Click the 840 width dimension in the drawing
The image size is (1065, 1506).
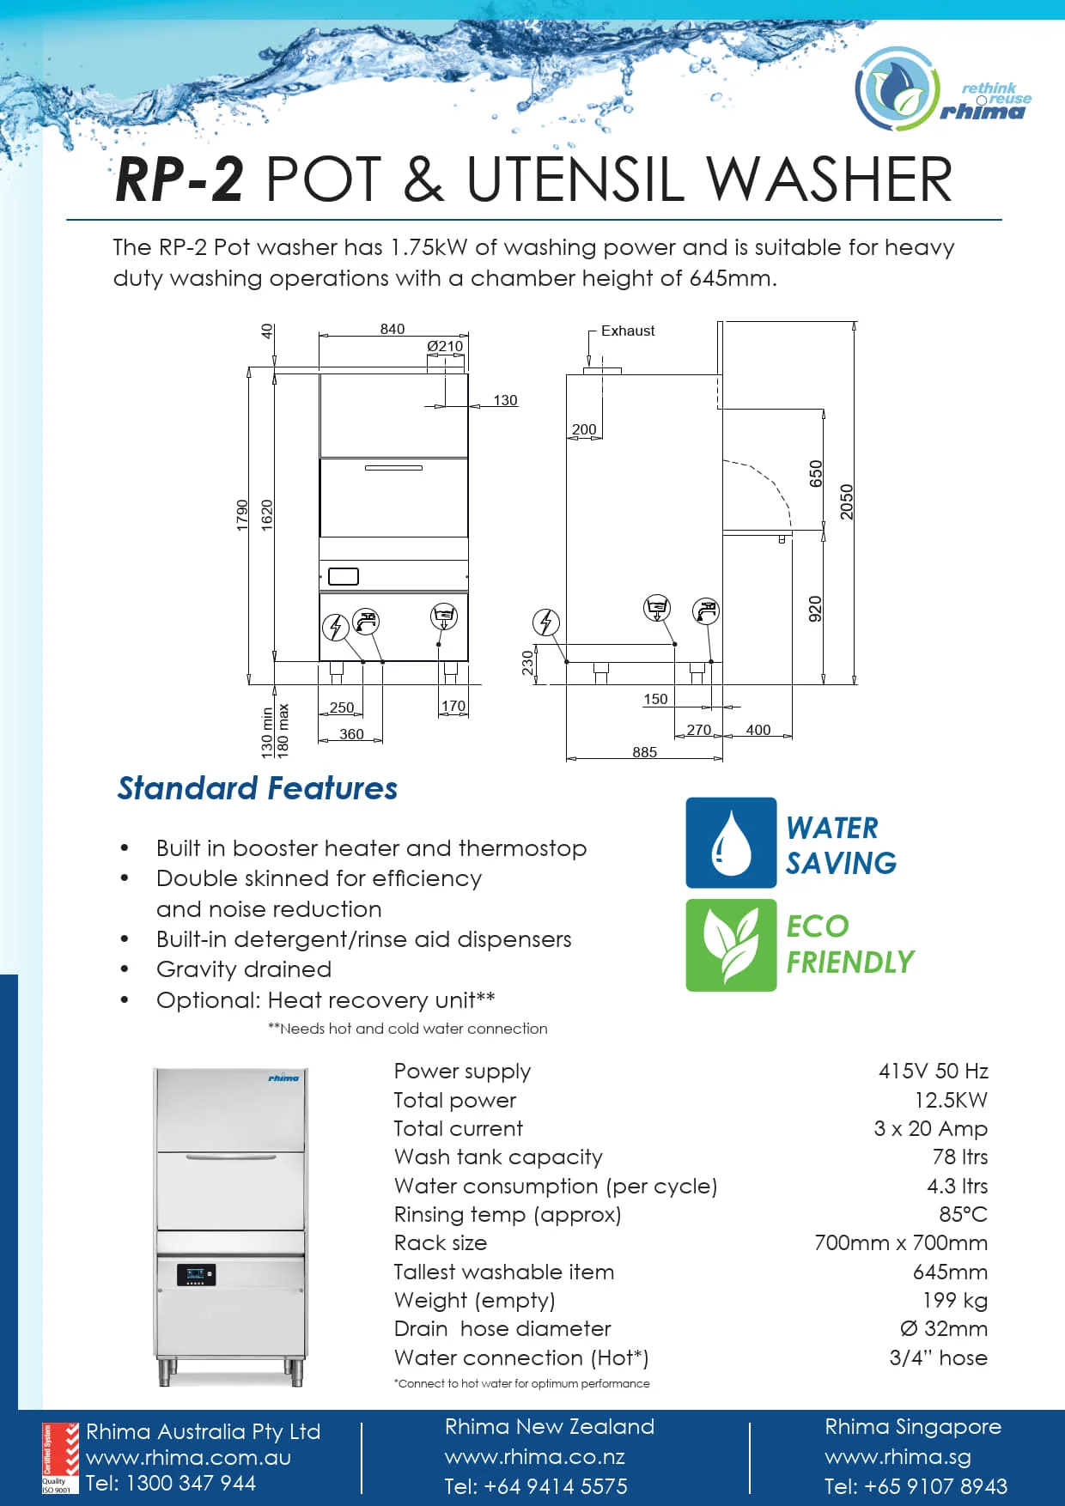coord(393,329)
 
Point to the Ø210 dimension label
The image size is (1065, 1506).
coord(445,346)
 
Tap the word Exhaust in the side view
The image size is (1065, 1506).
coord(628,331)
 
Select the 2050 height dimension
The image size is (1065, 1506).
coord(847,501)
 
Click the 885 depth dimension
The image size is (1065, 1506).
coord(645,752)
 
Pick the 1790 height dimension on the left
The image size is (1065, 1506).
coord(242,515)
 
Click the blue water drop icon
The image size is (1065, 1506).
coord(731,842)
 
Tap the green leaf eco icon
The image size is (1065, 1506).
coord(731,944)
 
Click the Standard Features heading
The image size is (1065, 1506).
coord(258,788)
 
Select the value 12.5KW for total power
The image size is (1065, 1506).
coord(951,1100)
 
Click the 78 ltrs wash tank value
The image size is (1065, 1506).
coord(959,1157)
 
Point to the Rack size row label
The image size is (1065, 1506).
coord(441,1242)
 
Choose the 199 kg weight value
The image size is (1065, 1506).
coord(955,1300)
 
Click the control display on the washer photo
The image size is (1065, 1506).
coord(196,1274)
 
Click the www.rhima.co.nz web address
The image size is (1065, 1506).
coord(535,1457)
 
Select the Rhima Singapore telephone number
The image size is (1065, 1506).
coord(916,1486)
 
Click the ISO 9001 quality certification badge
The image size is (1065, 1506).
coord(60,1459)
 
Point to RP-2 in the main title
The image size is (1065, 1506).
coord(180,180)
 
